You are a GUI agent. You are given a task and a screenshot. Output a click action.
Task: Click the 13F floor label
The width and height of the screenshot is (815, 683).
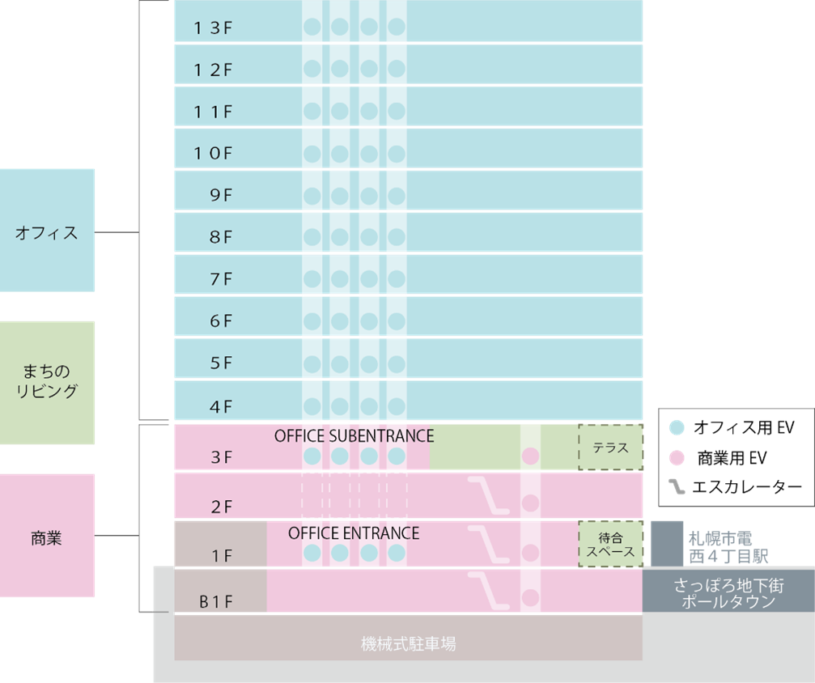213,28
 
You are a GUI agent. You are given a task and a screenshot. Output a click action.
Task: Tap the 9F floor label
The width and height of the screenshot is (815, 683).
221,195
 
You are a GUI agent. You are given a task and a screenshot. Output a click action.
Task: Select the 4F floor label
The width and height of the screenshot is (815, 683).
221,406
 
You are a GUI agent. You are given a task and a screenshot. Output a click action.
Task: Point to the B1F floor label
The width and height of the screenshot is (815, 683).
216,602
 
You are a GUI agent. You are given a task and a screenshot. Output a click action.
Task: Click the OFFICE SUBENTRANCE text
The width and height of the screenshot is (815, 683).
354,436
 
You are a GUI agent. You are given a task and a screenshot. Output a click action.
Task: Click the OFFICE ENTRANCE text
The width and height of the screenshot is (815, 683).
354,533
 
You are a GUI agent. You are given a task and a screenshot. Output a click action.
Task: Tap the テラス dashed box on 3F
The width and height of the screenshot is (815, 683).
610,448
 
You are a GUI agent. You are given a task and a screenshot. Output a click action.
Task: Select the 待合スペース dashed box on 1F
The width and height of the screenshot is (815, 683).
610,544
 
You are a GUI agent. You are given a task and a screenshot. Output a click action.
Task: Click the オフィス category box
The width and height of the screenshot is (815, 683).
47,232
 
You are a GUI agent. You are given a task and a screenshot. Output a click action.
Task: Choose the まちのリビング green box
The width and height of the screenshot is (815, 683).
47,382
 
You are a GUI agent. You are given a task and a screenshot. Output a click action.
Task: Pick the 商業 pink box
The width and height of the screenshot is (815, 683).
47,537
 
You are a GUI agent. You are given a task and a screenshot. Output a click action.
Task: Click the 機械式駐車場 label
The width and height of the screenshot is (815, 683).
408,644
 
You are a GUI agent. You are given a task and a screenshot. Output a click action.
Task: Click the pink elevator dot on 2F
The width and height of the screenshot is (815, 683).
530,503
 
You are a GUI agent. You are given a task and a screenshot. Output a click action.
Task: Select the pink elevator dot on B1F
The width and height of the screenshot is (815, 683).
530,598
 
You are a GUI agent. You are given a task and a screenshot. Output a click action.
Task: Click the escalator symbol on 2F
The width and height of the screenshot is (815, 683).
490,494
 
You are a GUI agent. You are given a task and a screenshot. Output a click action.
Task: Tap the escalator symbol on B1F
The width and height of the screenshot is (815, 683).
490,591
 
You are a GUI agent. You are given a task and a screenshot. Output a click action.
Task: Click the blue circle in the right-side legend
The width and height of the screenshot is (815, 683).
677,427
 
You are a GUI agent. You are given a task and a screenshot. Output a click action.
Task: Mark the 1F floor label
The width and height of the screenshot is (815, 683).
221,556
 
